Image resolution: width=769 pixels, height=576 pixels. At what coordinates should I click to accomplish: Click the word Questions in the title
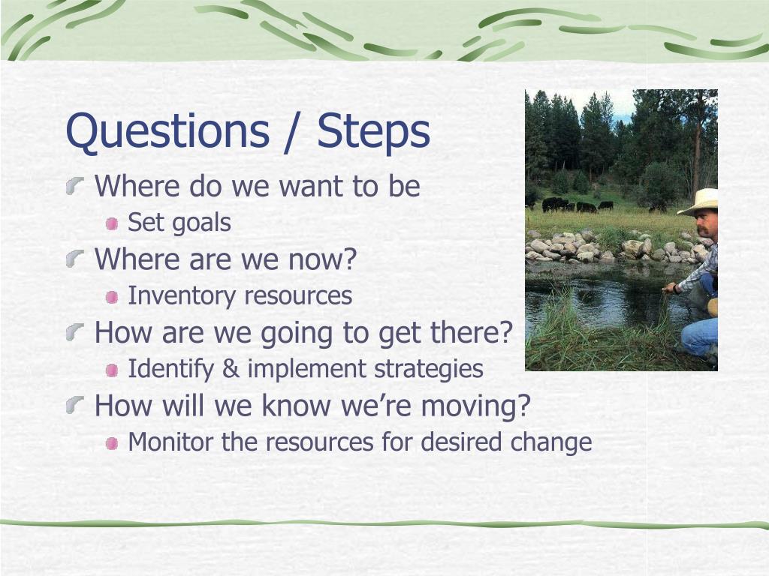click(167, 131)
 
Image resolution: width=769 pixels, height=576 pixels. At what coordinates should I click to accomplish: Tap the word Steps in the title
click(373, 131)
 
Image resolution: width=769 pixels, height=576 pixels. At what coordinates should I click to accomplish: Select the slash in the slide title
click(293, 132)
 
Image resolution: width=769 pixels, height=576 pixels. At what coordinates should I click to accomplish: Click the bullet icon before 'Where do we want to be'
click(75, 186)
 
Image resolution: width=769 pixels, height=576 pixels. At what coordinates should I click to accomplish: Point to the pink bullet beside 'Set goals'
click(112, 223)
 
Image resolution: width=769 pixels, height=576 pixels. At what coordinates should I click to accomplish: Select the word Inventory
click(182, 295)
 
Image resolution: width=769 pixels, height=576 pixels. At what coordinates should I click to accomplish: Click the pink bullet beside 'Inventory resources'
click(112, 297)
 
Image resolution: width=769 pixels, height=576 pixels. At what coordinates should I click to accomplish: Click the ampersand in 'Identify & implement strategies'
click(231, 369)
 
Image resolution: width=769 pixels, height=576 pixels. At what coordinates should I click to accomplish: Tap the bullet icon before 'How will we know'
click(75, 405)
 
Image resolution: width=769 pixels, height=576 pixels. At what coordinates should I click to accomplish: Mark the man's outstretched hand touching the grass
click(668, 289)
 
